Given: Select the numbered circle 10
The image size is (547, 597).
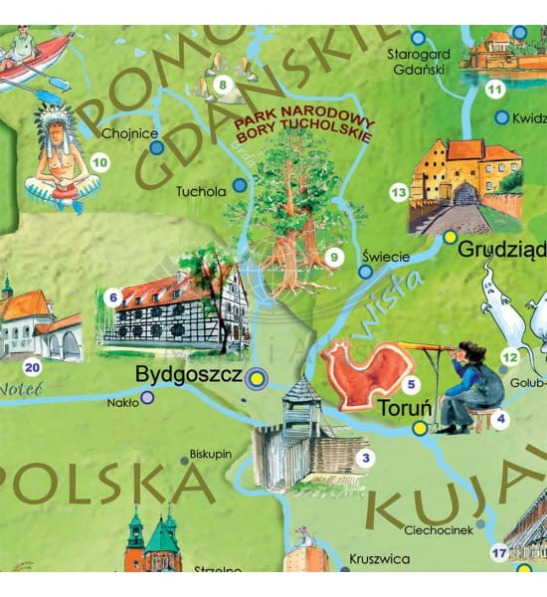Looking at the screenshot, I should pos(99,161).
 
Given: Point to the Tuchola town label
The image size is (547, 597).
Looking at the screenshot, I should pos(201,191).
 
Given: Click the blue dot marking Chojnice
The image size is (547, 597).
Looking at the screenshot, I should pos(156,148).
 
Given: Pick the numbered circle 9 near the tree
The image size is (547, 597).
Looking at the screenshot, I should pos(334,258).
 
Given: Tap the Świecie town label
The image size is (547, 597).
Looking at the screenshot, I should pos(386,256).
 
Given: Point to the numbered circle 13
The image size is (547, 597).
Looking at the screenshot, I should pos(399,192).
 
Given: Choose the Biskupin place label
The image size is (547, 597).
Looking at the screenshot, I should pos(210,453).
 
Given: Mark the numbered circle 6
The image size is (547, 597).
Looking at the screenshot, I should pos(113,297).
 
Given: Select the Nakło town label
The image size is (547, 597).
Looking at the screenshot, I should pos(123,403).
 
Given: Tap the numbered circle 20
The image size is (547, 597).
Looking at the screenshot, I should pos(33,365).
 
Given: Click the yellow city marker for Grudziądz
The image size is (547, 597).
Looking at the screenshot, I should pos(450,237).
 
